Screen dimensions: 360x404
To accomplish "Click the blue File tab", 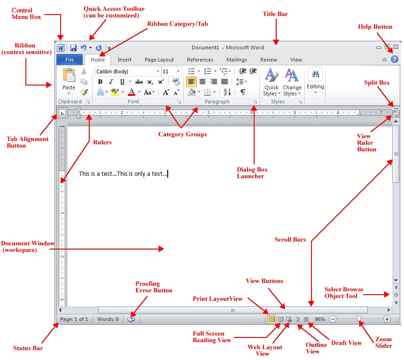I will coord(70,60).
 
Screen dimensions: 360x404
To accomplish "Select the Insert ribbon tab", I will coord(124,60).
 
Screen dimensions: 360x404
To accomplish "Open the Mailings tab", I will coord(236,60).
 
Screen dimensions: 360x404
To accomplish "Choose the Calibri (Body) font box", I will coord(127,71).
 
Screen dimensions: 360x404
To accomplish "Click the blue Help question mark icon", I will coord(394,60).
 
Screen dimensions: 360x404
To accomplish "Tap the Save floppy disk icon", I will coord(73,48).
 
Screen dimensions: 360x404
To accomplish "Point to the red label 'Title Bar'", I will coord(275,14).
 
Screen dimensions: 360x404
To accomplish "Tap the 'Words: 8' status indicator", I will coord(108,319).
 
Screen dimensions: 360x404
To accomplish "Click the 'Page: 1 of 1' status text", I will coord(74,319).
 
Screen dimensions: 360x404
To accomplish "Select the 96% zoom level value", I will coord(320,319).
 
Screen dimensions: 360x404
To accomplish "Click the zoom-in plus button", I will coord(387,319).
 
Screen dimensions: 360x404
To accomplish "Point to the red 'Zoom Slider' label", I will coord(383,342).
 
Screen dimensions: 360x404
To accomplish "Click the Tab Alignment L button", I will coord(62,113).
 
